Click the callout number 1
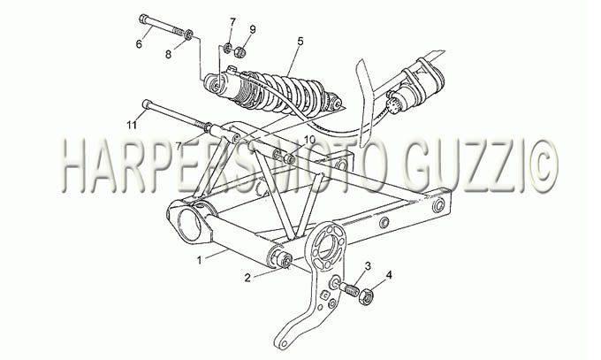199,261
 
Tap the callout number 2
247,278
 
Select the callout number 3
368,265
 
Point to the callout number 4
389,275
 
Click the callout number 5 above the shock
300,41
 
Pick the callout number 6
139,43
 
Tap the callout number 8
168,55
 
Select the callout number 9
253,29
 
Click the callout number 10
309,139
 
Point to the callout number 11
132,125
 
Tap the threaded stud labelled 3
348,288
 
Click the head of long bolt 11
147,104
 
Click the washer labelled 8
189,34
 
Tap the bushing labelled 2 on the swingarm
285,260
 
